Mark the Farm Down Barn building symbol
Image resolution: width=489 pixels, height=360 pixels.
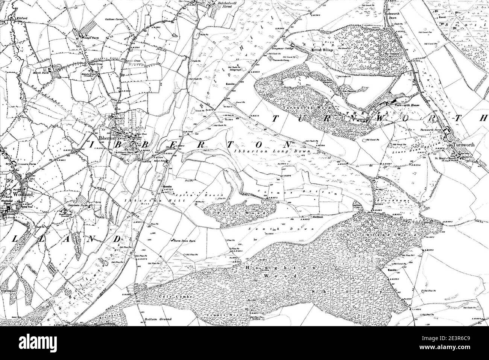171,239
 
